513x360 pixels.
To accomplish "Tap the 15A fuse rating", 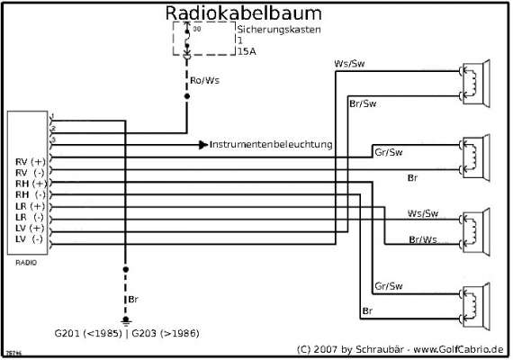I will [246, 52].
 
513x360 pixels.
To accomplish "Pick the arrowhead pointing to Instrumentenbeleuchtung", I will [203, 144].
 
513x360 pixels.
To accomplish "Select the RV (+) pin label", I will [30, 161].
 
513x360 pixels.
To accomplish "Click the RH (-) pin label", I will [30, 194].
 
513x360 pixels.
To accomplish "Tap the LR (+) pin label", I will [30, 206].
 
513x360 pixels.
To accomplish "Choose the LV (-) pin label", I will [30, 239].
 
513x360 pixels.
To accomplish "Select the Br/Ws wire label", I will [423, 238].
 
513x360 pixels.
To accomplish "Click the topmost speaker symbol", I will [473, 82].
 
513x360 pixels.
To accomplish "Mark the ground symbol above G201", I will [126, 320].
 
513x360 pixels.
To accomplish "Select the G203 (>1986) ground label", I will [166, 334].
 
